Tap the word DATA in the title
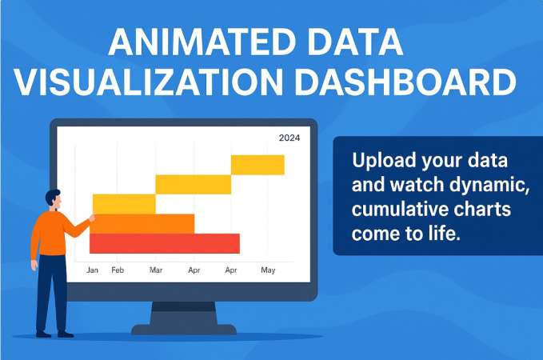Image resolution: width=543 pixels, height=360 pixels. coord(354,42)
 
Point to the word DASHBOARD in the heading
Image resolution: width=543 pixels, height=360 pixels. coord(405,82)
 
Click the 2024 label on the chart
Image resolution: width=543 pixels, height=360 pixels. coord(289,138)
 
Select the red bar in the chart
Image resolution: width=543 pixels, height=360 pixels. coord(165,243)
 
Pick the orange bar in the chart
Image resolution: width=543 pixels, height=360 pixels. coord(142,224)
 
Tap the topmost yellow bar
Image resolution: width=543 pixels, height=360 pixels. coord(258,165)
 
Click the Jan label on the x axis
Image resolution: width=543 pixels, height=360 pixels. coord(93,270)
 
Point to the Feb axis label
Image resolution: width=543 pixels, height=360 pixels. coord(118,270)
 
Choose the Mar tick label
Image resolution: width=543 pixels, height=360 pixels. coord(156,270)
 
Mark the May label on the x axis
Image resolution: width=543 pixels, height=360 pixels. coord(268,270)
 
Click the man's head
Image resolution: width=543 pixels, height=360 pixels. coord(54,199)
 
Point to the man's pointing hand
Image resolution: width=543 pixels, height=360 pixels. coord(92,218)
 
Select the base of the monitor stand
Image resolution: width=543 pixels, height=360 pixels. coord(184,329)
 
